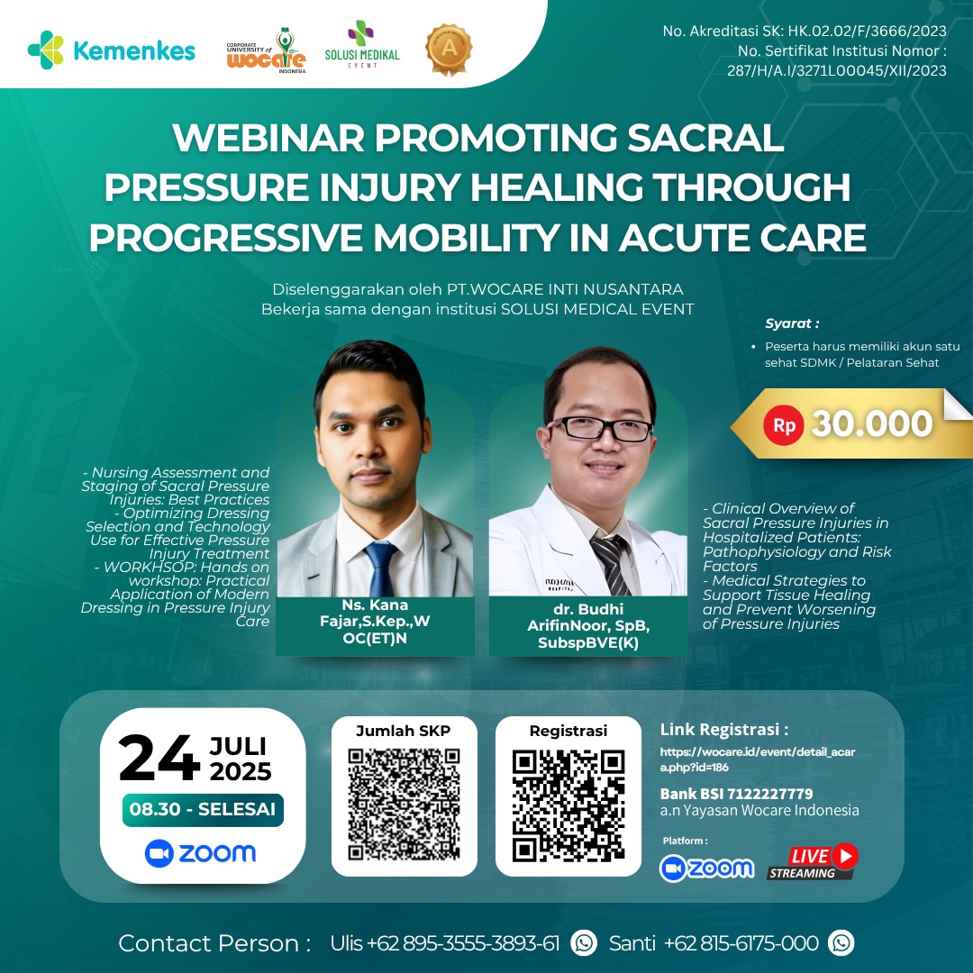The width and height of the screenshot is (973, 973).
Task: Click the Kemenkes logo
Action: coord(112,50)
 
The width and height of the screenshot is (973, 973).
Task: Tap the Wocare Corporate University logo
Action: coord(266,50)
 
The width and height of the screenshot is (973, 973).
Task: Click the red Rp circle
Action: coord(784,424)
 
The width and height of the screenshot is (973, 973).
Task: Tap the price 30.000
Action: coord(871,424)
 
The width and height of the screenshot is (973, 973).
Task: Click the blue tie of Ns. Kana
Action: coord(382,568)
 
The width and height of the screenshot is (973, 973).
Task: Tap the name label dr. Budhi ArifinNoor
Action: coord(588,626)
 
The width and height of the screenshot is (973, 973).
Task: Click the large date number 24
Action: coord(159,759)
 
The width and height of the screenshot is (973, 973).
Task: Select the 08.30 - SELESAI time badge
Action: coord(203,809)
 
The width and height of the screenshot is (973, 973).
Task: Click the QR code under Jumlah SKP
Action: coord(404,804)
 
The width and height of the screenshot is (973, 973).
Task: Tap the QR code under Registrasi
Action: coord(568,805)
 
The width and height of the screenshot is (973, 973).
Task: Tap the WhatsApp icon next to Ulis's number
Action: coord(584,943)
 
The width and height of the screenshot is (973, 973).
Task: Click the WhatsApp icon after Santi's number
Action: coord(841,943)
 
